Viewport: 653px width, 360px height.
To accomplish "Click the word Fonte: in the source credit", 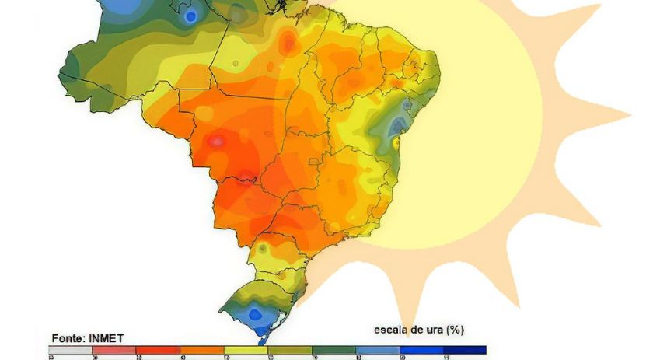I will (68, 338).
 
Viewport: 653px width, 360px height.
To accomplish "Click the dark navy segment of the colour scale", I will (464, 350).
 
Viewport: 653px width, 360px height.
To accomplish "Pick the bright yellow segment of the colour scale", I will (246, 350).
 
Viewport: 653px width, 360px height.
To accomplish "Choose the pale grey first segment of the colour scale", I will (71, 350).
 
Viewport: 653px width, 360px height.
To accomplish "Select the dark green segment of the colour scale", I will (333, 350).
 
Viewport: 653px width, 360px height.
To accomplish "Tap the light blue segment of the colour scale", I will (377, 350).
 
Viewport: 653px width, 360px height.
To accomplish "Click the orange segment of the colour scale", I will (202, 350).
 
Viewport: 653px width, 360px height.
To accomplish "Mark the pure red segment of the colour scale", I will (158, 350).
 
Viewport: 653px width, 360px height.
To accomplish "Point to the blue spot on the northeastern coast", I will (398, 124).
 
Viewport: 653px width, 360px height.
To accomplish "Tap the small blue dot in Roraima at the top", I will (190, 16).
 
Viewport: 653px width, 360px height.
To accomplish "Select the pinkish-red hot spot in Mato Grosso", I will (217, 142).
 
